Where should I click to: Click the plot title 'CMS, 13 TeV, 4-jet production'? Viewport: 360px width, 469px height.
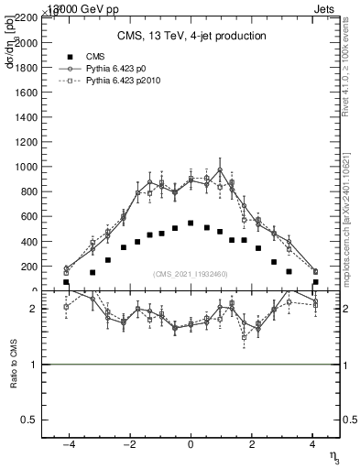pyautogui.click(x=191, y=36)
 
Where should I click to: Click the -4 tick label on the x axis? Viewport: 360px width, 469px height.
pyautogui.click(x=67, y=444)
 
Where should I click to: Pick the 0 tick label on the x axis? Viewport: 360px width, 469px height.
pyautogui.click(x=190, y=444)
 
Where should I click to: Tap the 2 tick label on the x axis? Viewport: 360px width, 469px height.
pyautogui.click(x=251, y=444)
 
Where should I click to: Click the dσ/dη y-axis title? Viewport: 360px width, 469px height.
pyautogui.click(x=11, y=47)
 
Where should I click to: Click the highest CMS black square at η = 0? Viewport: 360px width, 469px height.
pyautogui.click(x=190, y=223)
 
